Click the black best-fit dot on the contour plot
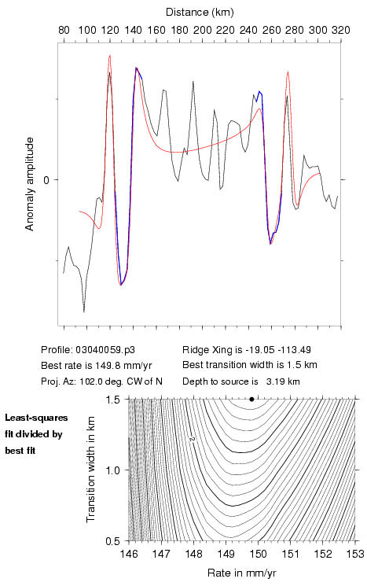(251, 399)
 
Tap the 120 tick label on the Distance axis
(110, 30)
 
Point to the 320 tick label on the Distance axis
(341, 30)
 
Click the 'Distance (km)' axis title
(200, 13)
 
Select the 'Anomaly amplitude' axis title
(29, 184)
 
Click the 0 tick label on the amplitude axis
(46, 180)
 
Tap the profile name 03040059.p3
(105, 350)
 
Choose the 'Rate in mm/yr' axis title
(241, 573)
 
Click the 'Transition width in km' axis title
(90, 470)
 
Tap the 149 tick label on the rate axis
(226, 554)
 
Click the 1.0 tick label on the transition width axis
(112, 470)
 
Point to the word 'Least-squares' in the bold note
(36, 418)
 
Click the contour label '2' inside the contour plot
(193, 440)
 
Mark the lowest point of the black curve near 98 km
(84, 311)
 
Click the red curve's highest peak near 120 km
(110, 55)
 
